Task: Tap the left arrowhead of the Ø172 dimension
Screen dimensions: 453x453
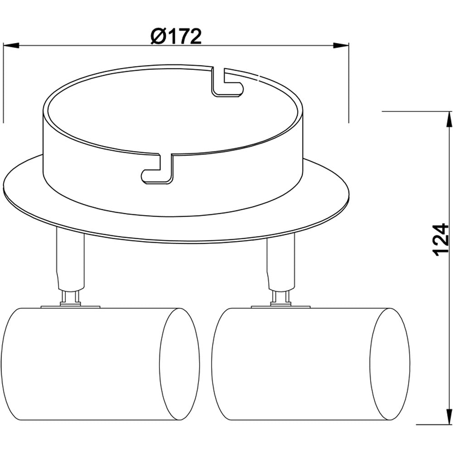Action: (x=11, y=45)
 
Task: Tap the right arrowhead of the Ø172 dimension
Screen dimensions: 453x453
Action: (x=341, y=45)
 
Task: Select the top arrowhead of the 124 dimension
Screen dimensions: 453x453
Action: (x=450, y=119)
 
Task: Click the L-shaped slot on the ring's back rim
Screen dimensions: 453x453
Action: (x=226, y=83)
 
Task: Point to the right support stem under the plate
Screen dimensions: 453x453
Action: (x=281, y=263)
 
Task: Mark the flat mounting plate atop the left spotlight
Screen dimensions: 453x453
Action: (x=70, y=307)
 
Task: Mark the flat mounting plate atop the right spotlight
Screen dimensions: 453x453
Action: (x=281, y=307)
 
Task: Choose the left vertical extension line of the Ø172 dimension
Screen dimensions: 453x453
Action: (x=3, y=82)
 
